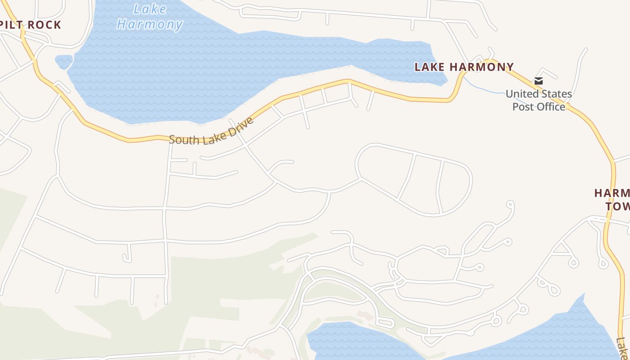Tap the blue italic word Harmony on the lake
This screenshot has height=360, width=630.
pyautogui.click(x=150, y=24)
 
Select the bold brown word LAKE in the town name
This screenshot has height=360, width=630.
pyautogui.click(x=430, y=67)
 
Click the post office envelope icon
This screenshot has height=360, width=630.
pyautogui.click(x=539, y=81)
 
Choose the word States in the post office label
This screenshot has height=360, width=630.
pyautogui.click(x=557, y=94)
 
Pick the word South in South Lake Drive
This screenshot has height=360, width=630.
pyautogui.click(x=184, y=139)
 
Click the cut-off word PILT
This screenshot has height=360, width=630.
pyautogui.click(x=11, y=25)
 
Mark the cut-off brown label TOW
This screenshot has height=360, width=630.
pyautogui.click(x=617, y=207)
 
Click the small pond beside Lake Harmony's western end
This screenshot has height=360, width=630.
pyautogui.click(x=63, y=62)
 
